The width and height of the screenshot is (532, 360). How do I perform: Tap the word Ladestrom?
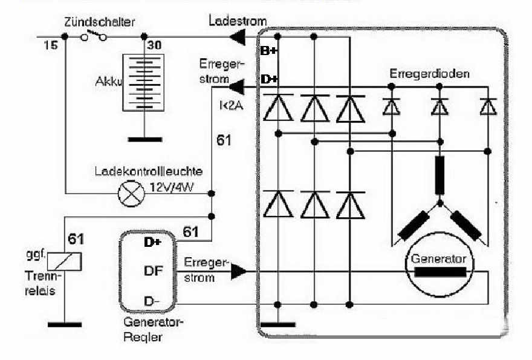(x=237, y=21)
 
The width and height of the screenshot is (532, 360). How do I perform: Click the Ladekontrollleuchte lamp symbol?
(x=128, y=194)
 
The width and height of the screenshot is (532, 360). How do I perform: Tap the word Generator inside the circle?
(x=439, y=258)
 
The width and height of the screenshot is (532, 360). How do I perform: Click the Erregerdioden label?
(x=430, y=73)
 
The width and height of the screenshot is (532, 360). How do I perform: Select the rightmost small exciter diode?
(x=487, y=106)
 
